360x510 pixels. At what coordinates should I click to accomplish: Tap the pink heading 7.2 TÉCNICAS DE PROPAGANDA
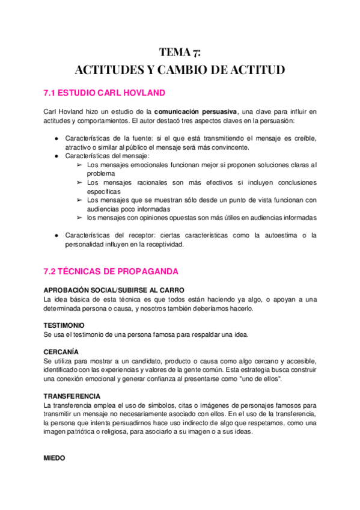(111, 272)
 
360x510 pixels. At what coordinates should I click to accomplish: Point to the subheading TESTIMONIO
(64, 325)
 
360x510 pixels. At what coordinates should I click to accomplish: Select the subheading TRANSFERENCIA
(72, 396)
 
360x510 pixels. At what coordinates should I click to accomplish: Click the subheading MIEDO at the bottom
(54, 458)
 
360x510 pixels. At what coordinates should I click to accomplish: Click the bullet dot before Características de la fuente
(56, 138)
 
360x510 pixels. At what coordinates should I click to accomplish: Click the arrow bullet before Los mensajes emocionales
(80, 165)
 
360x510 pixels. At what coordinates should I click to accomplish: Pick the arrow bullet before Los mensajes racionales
(80, 182)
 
